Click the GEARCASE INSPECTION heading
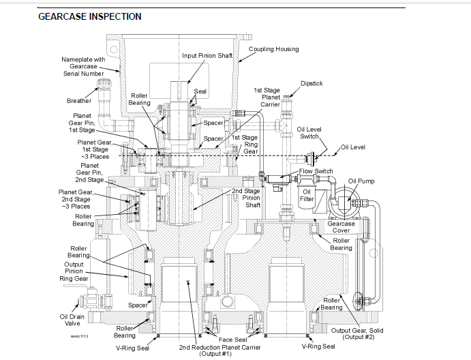click(x=90, y=16)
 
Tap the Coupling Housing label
click(x=273, y=49)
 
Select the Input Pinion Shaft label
click(x=207, y=56)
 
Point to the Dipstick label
click(x=312, y=83)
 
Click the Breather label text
click(x=79, y=101)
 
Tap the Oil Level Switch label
click(x=309, y=133)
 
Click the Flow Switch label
click(x=316, y=171)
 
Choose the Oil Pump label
click(x=361, y=181)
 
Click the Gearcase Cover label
click(x=341, y=227)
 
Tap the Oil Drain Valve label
click(x=72, y=320)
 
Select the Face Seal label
click(x=233, y=340)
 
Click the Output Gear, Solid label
click(x=357, y=333)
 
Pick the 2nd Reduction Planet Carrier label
click(x=219, y=350)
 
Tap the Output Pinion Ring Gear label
click(x=74, y=271)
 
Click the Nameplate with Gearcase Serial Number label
click(x=83, y=66)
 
